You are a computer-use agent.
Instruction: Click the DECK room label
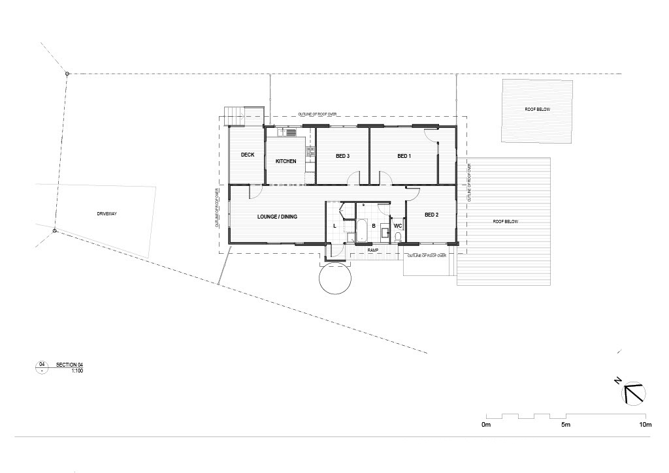pos(247,155)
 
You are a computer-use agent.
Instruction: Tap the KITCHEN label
pos(286,161)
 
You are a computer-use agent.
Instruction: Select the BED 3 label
pos(343,157)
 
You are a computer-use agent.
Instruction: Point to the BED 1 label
pos(404,157)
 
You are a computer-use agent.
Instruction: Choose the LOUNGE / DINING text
pos(278,216)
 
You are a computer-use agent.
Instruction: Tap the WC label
pos(397,226)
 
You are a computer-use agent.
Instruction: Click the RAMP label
pos(373,250)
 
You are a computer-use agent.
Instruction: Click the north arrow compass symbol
pos(634,393)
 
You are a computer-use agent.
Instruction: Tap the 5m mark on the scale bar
pos(566,425)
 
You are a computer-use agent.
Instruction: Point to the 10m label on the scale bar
pos(645,425)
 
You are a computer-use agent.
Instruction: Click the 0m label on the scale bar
pos(485,425)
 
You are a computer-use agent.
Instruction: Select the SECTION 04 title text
pos(70,364)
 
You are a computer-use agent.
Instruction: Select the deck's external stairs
pos(234,115)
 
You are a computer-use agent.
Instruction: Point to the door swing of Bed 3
pos(353,177)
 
